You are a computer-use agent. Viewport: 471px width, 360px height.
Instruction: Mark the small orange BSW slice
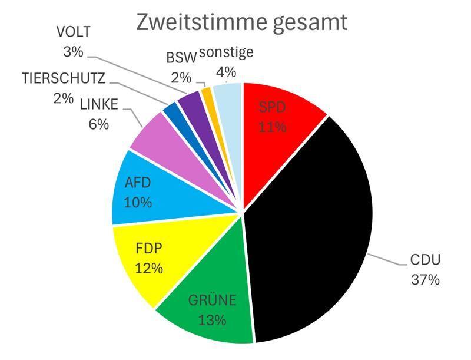click(x=207, y=94)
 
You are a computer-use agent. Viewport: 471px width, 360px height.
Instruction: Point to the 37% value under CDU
click(x=425, y=279)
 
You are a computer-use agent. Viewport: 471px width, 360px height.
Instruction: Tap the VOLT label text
click(x=73, y=32)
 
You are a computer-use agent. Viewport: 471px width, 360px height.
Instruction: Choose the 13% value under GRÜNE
click(x=213, y=321)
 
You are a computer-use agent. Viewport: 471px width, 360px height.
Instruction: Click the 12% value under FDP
click(x=148, y=268)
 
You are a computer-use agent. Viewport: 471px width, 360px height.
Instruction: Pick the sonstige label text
click(x=226, y=52)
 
